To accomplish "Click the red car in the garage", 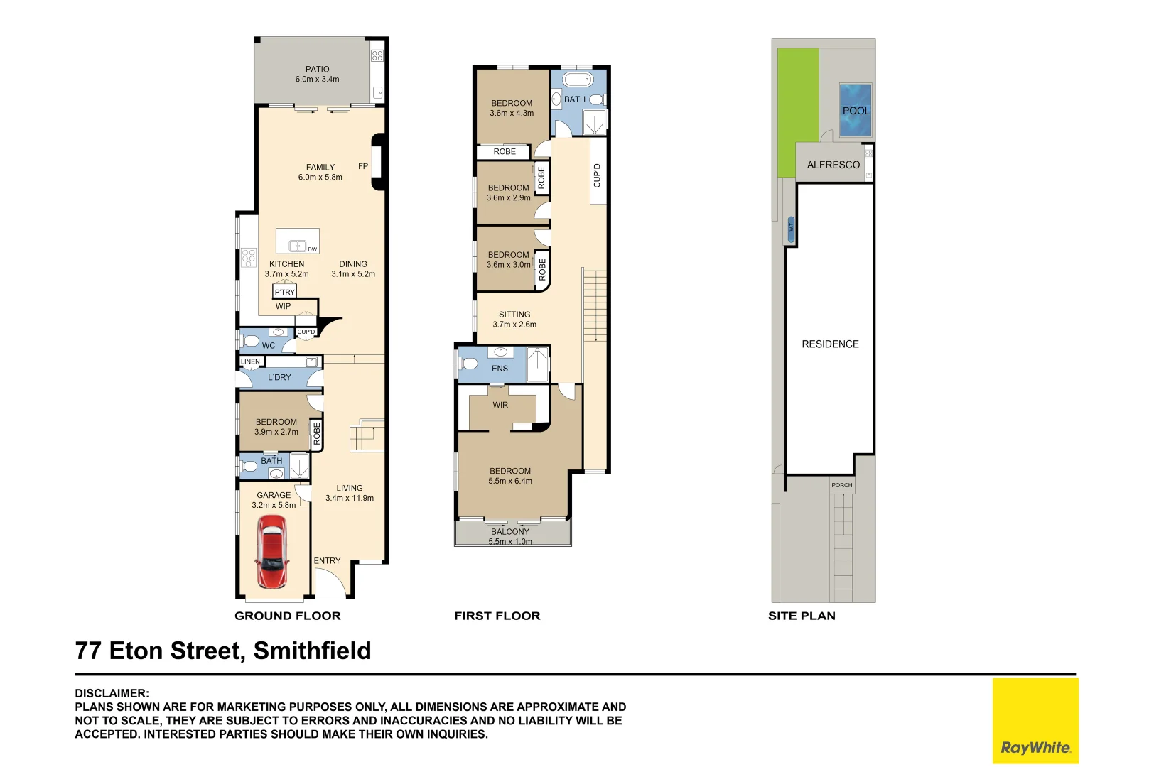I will pyautogui.click(x=272, y=552).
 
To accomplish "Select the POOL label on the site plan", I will pyautogui.click(x=856, y=111).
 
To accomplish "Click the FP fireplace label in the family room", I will pyautogui.click(x=363, y=166).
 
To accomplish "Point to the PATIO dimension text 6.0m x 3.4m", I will pyautogui.click(x=317, y=79).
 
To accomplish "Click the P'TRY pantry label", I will pyautogui.click(x=284, y=292).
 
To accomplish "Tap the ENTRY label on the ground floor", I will pyautogui.click(x=327, y=560).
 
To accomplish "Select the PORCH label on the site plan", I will pyautogui.click(x=841, y=485).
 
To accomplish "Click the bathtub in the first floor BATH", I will pyautogui.click(x=577, y=79).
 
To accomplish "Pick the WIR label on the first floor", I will pyautogui.click(x=500, y=405).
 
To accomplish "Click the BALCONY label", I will pyautogui.click(x=510, y=531).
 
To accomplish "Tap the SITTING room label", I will pyautogui.click(x=514, y=314).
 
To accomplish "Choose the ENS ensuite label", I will pyautogui.click(x=500, y=369).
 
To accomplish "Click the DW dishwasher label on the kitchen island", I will pyautogui.click(x=313, y=249).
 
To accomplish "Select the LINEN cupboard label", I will pyautogui.click(x=250, y=361).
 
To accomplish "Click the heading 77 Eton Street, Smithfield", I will pyautogui.click(x=223, y=651).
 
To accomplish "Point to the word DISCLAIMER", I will pyautogui.click(x=112, y=693).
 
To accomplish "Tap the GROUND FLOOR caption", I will pyautogui.click(x=288, y=616).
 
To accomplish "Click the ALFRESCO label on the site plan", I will pyautogui.click(x=833, y=165).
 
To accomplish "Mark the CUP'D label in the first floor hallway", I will pyautogui.click(x=597, y=175).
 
